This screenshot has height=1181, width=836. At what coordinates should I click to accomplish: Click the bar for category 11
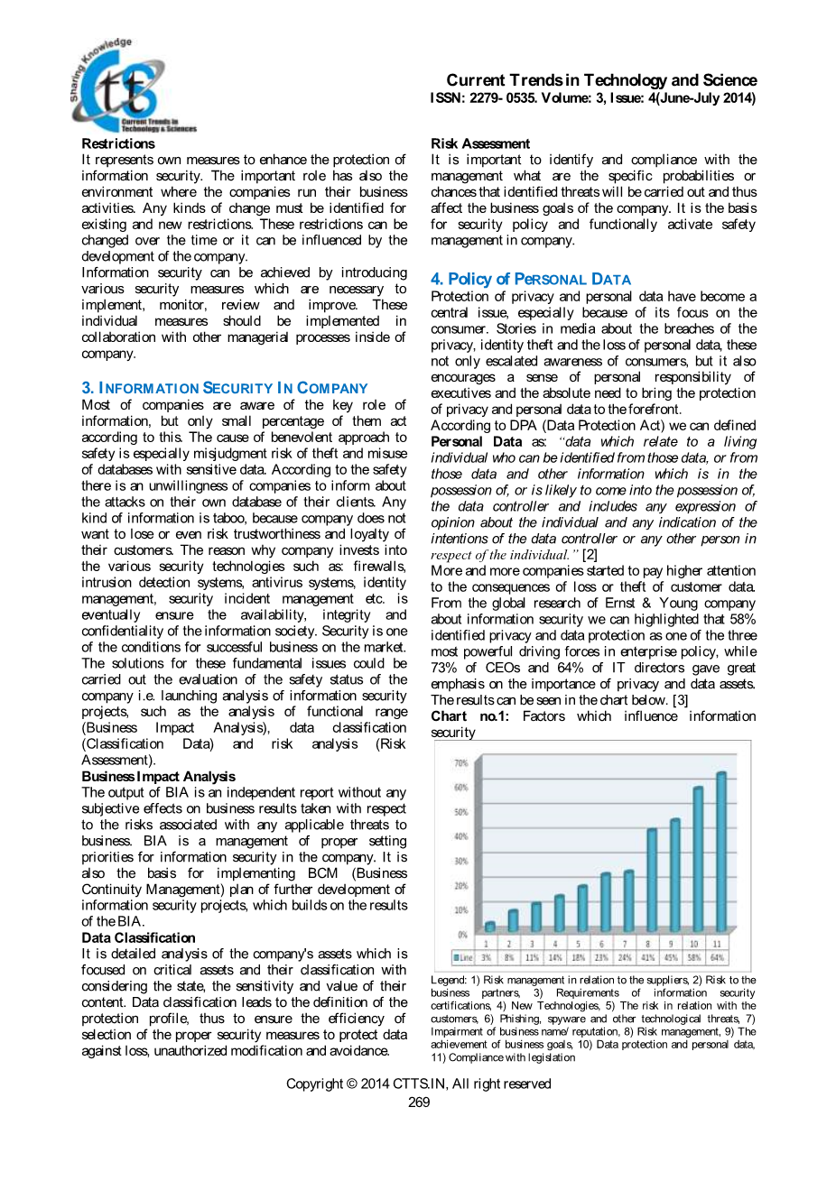point(721,853)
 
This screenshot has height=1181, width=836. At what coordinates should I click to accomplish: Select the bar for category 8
point(652,881)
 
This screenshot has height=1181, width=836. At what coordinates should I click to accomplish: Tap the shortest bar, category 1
point(490,926)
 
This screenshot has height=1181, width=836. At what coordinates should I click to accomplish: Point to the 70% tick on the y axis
point(461,763)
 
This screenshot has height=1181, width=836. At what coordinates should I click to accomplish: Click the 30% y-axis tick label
point(461,861)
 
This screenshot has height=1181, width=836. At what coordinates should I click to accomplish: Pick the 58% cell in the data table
point(693,957)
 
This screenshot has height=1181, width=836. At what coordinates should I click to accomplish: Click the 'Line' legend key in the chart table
point(463,957)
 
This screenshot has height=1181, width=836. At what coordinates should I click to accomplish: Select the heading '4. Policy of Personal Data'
point(531,280)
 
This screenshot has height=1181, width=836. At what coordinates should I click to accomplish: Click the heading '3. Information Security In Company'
point(225,388)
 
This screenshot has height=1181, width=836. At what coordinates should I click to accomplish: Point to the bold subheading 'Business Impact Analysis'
point(158,776)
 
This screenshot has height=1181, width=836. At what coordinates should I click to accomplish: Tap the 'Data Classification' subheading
point(138,937)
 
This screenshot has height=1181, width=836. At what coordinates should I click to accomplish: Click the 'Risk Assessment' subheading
point(480,143)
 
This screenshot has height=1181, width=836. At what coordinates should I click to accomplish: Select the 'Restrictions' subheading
point(118,143)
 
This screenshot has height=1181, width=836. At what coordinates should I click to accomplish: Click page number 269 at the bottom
point(419,1102)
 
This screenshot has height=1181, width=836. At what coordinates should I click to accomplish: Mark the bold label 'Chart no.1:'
point(469,716)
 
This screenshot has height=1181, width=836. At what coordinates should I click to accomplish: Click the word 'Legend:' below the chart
point(449,980)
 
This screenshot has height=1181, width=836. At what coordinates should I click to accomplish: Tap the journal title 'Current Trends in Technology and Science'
point(601,80)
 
